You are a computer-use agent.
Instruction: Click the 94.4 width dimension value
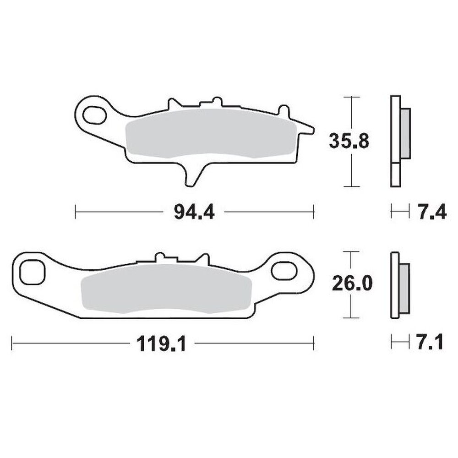194,212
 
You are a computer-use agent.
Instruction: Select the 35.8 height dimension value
349,141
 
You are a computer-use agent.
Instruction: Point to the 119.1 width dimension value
162,343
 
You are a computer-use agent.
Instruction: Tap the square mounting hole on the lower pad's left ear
32,272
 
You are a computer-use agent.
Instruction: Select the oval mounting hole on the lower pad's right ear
284,270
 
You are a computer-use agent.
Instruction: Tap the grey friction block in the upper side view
406,133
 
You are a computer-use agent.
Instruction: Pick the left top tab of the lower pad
160,257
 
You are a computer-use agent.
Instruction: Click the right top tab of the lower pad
203,259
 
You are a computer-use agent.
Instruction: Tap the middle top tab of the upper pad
217,101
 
